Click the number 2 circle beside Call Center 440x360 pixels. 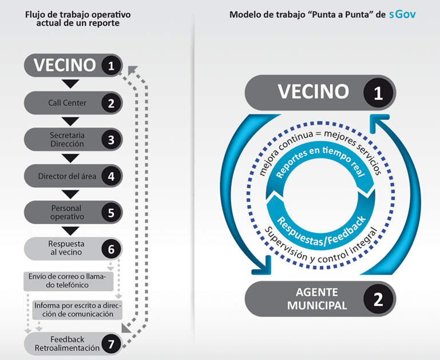tap(112, 103)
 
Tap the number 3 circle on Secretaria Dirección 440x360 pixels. tap(112, 140)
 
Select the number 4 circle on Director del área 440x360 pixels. tap(112, 176)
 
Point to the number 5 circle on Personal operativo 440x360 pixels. tap(112, 212)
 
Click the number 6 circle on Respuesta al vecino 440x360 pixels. tap(112, 249)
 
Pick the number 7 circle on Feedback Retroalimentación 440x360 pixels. tap(112, 344)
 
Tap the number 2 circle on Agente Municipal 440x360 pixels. tap(378, 299)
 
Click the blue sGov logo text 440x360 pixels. tap(402, 14)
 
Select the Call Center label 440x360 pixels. tap(67, 103)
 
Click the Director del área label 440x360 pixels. tap(67, 176)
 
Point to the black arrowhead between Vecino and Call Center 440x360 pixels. tap(70, 84)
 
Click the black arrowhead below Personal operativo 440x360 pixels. tap(70, 231)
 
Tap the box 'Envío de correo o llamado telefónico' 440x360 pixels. tap(68, 281)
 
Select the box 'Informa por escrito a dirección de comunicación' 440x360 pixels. tap(77, 310)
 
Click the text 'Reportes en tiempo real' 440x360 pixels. tap(320, 161)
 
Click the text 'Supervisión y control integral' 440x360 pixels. tap(321, 247)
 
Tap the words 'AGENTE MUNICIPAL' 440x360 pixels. tap(317, 299)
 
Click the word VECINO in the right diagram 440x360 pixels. tap(314, 92)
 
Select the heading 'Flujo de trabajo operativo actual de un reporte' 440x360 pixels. tap(78, 18)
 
